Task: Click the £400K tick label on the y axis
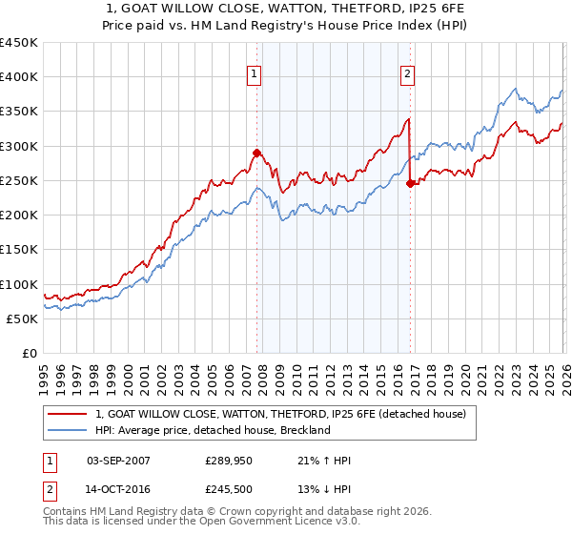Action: [x=19, y=77]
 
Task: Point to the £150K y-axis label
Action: [x=19, y=250]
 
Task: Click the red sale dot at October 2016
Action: [x=410, y=184]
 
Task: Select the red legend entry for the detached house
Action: [x=280, y=414]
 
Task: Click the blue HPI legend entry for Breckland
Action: [x=212, y=430]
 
